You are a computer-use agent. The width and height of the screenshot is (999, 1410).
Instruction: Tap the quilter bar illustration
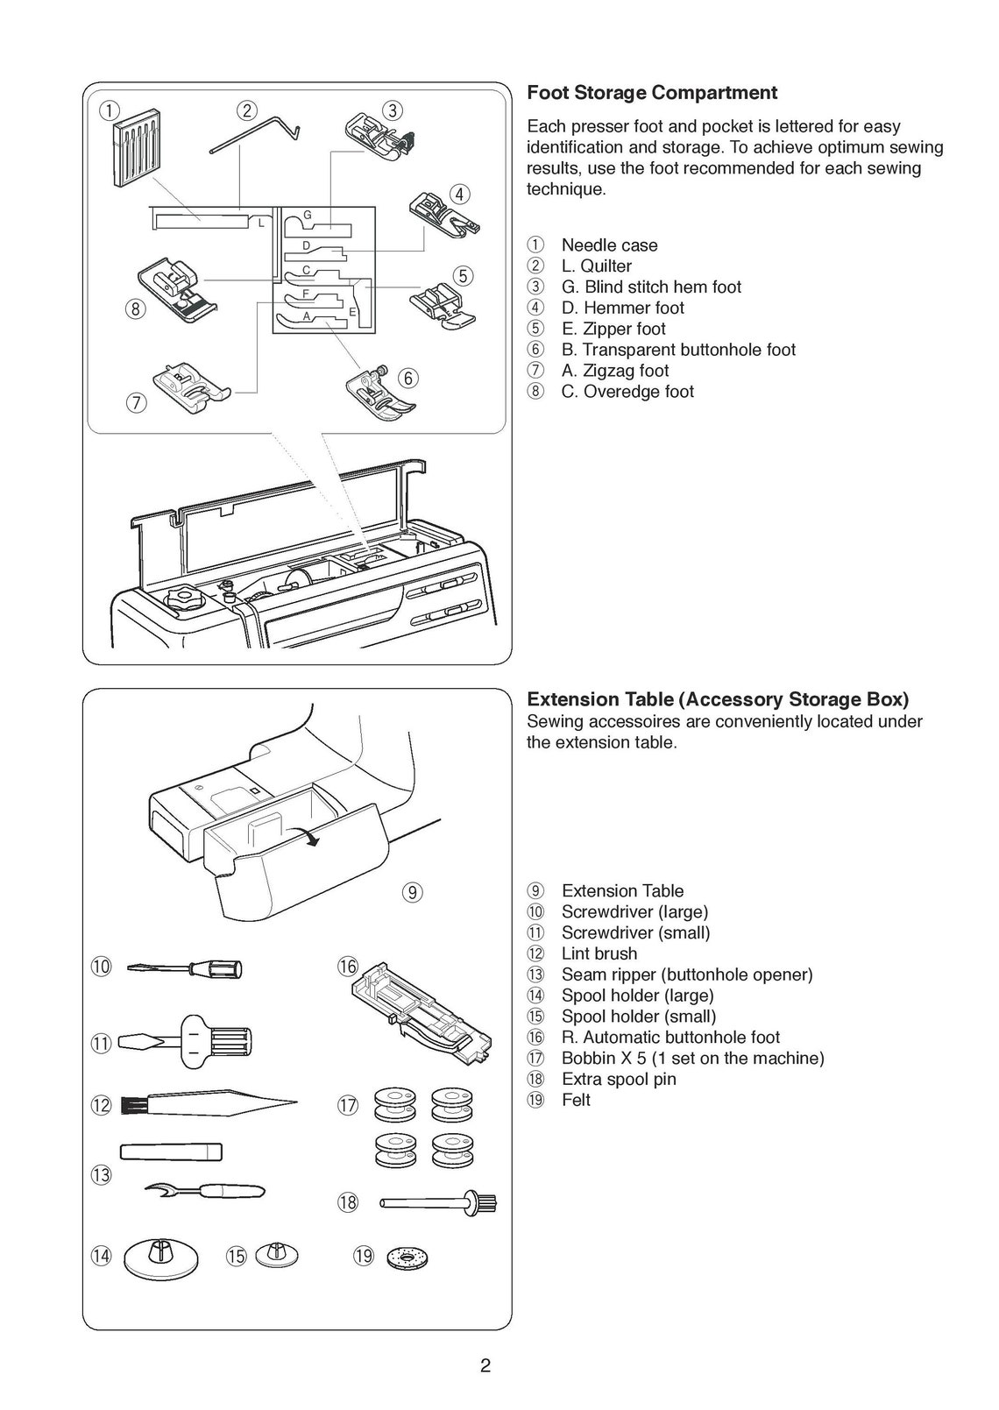(254, 140)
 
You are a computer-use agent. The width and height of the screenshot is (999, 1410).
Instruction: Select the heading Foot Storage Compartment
(651, 93)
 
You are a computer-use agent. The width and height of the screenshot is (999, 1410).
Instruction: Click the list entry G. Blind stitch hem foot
(650, 287)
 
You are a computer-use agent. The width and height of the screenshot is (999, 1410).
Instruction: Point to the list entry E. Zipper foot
(613, 329)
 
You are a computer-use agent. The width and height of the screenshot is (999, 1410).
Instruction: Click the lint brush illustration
(219, 1102)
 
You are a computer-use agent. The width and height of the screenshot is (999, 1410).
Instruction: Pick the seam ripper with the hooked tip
(205, 1190)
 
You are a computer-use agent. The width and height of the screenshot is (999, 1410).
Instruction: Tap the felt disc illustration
(405, 1257)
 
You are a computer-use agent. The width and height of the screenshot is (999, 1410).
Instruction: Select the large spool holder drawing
(161, 1258)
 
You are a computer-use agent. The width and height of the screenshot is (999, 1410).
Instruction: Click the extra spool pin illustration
(438, 1202)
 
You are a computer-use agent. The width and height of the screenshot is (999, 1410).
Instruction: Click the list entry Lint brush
(599, 953)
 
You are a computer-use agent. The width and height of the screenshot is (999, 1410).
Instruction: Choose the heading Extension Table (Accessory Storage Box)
(717, 699)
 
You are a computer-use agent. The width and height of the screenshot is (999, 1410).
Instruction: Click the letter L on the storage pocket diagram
(260, 224)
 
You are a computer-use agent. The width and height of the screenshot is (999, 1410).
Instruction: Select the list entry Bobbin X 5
(692, 1058)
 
